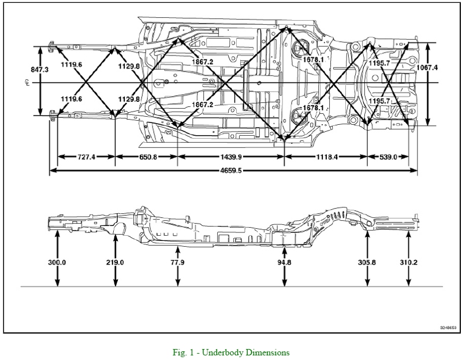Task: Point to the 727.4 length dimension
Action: pyautogui.click(x=87, y=157)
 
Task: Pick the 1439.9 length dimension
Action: pyautogui.click(x=231, y=157)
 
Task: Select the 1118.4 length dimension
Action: pyautogui.click(x=326, y=157)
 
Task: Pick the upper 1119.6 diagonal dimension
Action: pyautogui.click(x=70, y=65)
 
